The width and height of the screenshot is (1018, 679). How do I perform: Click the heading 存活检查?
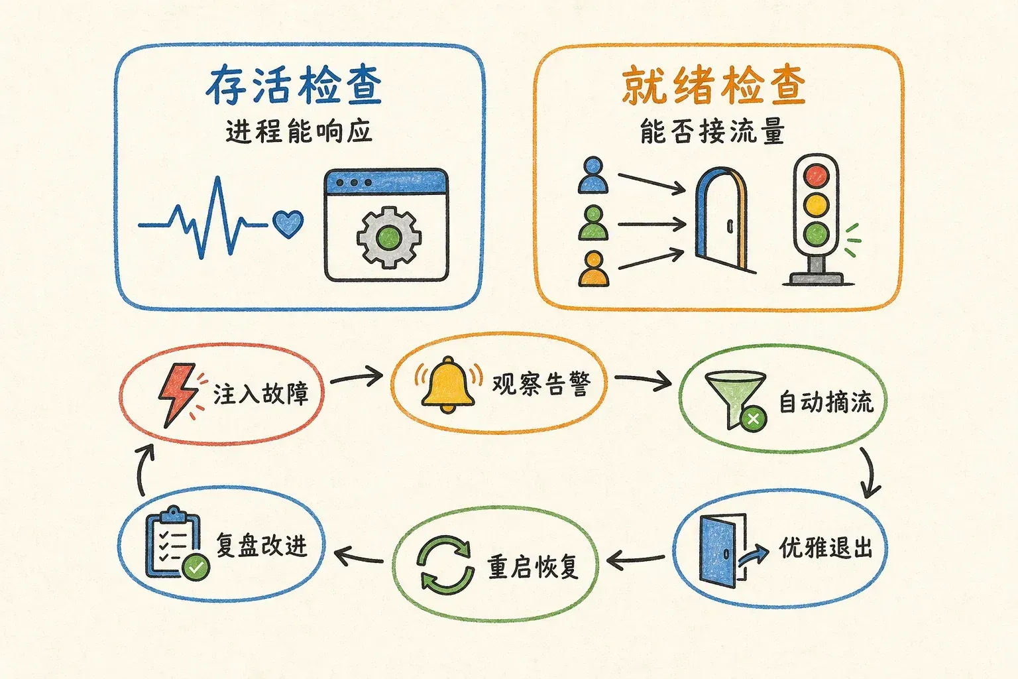click(294, 85)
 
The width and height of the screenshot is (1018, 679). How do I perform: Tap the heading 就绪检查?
click(714, 86)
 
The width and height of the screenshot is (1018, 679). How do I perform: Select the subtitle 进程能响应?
click(299, 133)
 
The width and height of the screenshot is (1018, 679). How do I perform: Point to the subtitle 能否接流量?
click(712, 131)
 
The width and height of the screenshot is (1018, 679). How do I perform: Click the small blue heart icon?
click(288, 223)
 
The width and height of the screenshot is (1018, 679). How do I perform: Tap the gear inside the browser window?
click(388, 237)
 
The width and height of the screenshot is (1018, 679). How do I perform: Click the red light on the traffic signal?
click(817, 176)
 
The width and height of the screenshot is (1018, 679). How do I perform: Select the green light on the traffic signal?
click(817, 234)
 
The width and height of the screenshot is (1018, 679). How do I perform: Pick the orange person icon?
click(593, 269)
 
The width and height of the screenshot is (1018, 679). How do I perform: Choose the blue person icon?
click(593, 175)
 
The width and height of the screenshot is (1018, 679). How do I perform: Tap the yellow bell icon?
click(448, 385)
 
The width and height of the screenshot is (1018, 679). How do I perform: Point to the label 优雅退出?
click(826, 548)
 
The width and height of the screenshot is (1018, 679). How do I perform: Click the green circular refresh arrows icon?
click(445, 566)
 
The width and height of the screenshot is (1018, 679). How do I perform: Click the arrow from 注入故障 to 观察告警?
click(357, 377)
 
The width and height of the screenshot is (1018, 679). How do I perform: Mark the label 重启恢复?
click(534, 567)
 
